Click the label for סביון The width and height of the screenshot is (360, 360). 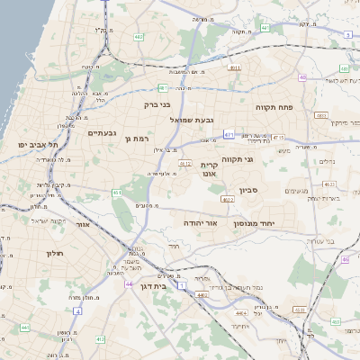(x=249, y=191)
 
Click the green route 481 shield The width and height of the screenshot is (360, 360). (x=163, y=87)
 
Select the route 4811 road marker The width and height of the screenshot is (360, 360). (x=234, y=67)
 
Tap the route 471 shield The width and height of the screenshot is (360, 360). (x=229, y=134)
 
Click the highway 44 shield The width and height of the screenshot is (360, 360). (x=130, y=283)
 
